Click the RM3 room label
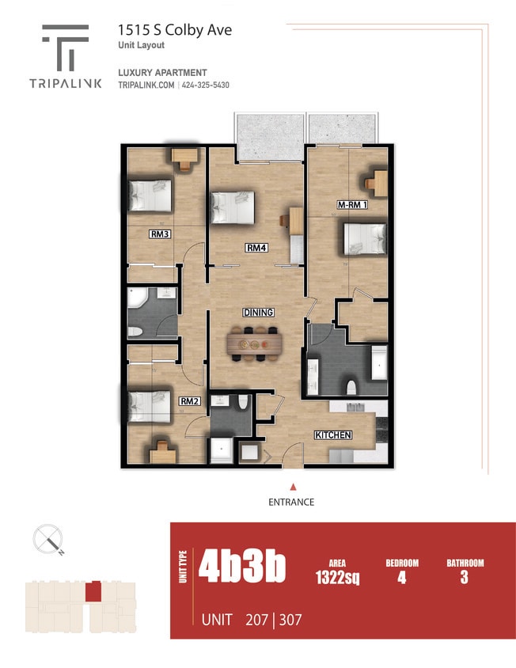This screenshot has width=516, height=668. (161, 234)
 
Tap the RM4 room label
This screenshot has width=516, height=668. (256, 249)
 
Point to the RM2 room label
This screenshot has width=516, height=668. (189, 401)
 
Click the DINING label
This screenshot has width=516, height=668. (258, 313)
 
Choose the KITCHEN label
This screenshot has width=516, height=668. (332, 435)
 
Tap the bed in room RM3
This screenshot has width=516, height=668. (150, 193)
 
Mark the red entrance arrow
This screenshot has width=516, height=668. (293, 487)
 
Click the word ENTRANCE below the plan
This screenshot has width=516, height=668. (292, 502)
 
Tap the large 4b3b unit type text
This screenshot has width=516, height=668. (242, 567)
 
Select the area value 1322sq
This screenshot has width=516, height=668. (337, 577)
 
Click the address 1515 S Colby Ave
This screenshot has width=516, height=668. (175, 30)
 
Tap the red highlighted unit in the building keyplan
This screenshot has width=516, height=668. (93, 590)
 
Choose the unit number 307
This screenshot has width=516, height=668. (288, 620)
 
